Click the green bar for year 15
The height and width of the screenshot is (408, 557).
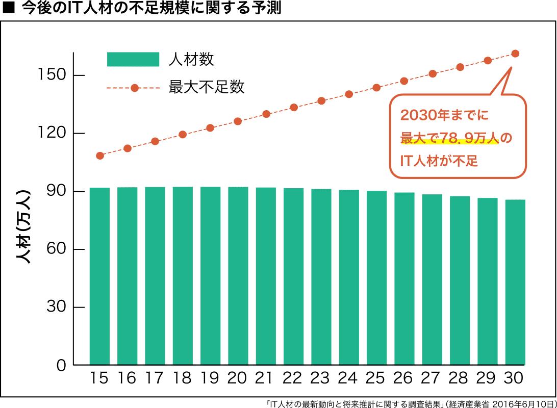(99, 276)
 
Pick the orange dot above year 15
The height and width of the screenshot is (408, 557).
(100, 156)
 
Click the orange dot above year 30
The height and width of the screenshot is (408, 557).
(515, 54)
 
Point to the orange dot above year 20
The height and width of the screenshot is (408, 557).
(238, 121)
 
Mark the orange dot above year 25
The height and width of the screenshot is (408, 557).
(376, 87)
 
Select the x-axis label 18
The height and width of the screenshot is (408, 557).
(183, 378)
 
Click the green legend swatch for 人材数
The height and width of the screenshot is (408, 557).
(133, 60)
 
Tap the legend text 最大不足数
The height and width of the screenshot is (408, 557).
(207, 87)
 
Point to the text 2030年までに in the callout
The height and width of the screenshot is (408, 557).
(444, 116)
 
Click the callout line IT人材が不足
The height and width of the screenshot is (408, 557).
(439, 161)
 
